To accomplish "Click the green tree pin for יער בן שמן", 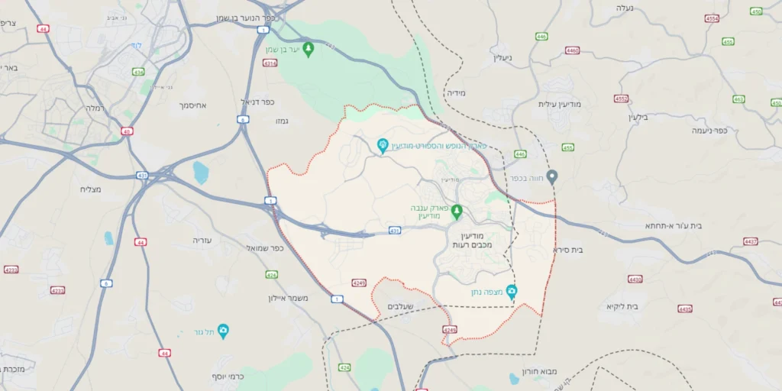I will pyautogui.click(x=309, y=50).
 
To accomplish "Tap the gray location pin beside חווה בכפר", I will pyautogui.click(x=552, y=176).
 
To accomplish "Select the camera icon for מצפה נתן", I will pyautogui.click(x=512, y=291).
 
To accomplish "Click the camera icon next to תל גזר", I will pyautogui.click(x=223, y=331).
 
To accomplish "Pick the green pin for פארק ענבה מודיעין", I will pyautogui.click(x=457, y=211).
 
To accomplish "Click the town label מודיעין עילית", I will pyautogui.click(x=561, y=104).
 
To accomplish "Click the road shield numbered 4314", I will pyautogui.click(x=270, y=63).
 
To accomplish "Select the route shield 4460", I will pyautogui.click(x=572, y=50).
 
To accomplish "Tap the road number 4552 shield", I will pyautogui.click(x=621, y=99).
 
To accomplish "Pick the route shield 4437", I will pyautogui.click(x=751, y=241).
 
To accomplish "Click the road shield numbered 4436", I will pyautogui.click(x=685, y=309).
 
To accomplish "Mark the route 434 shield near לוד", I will pyautogui.click(x=137, y=72).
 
